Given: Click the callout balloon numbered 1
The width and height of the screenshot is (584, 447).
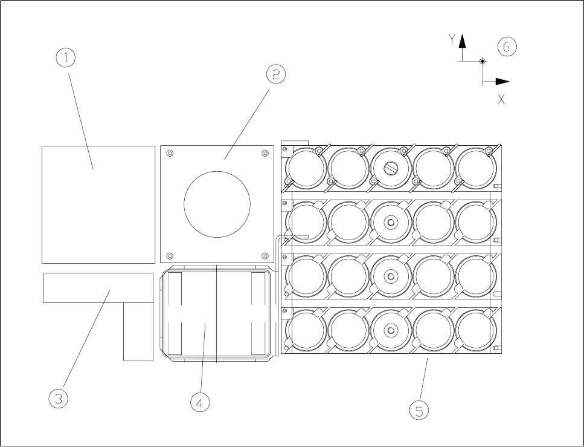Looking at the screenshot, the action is click(66, 59).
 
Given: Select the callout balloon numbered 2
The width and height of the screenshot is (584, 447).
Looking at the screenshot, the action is click(275, 74).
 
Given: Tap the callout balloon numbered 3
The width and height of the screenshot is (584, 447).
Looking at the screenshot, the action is click(59, 398).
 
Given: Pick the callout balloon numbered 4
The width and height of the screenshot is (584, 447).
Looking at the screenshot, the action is click(201, 402).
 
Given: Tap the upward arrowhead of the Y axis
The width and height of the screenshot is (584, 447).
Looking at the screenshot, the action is click(462, 41).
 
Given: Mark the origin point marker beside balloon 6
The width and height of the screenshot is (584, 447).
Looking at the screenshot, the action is click(482, 61).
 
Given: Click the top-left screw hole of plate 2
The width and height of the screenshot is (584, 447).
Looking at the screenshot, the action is click(170, 154).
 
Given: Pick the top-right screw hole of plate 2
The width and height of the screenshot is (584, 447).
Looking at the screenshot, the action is click(265, 154).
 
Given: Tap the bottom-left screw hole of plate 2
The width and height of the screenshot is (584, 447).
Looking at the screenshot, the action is click(170, 254).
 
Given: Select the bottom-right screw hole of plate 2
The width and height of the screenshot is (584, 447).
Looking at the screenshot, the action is click(265, 254).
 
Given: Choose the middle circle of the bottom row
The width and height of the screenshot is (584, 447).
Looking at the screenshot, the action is click(391, 330).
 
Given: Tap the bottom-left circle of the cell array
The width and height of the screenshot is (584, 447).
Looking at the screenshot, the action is click(307, 330).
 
